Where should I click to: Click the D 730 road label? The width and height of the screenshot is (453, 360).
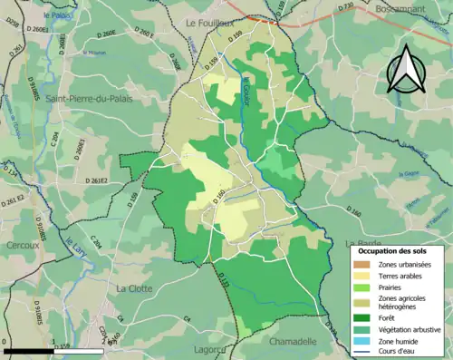click(346, 7)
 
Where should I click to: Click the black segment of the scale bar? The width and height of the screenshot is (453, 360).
click(24, 351)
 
